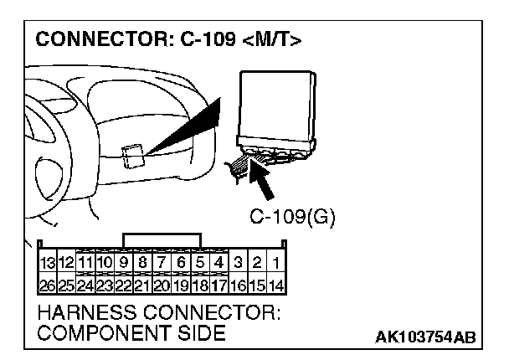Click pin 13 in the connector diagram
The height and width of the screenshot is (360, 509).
point(48,264)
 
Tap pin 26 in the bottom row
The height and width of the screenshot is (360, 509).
point(48,284)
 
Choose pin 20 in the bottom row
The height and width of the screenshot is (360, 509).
point(162,284)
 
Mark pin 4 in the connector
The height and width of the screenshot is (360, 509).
point(219,264)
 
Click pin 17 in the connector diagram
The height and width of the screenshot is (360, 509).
point(219,284)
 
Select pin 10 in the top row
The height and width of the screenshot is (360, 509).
point(105,264)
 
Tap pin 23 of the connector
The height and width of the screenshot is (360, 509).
point(105,284)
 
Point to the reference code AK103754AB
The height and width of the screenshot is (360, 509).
point(424,337)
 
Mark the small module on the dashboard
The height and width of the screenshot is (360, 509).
point(132,157)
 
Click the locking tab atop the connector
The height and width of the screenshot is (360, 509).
point(162,241)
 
